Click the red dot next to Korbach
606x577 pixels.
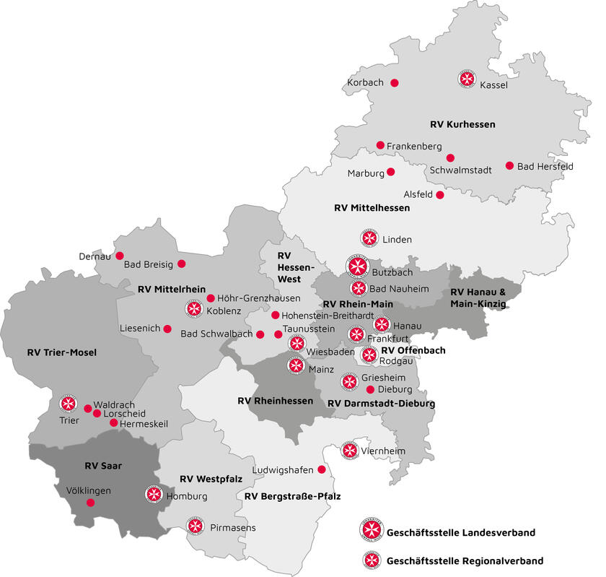click(395, 83)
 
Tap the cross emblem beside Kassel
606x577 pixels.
click(467, 79)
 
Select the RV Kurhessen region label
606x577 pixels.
click(462, 124)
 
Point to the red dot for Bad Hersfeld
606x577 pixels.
click(509, 165)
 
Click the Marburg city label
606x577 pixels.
click(366, 173)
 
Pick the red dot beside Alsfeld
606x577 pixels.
click(440, 194)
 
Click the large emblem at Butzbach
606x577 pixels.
click(357, 266)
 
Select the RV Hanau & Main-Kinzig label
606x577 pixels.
click(478, 298)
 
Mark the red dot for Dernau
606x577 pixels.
click(120, 255)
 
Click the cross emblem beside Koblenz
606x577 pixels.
click(193, 310)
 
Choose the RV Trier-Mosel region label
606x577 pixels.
click(62, 353)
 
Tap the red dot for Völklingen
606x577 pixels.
click(90, 503)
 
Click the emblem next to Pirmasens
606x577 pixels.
click(194, 526)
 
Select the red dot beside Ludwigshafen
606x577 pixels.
click(322, 469)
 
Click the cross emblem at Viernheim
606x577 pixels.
click(350, 451)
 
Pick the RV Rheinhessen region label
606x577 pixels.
click(275, 401)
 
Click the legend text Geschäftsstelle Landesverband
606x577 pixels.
click(461, 533)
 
